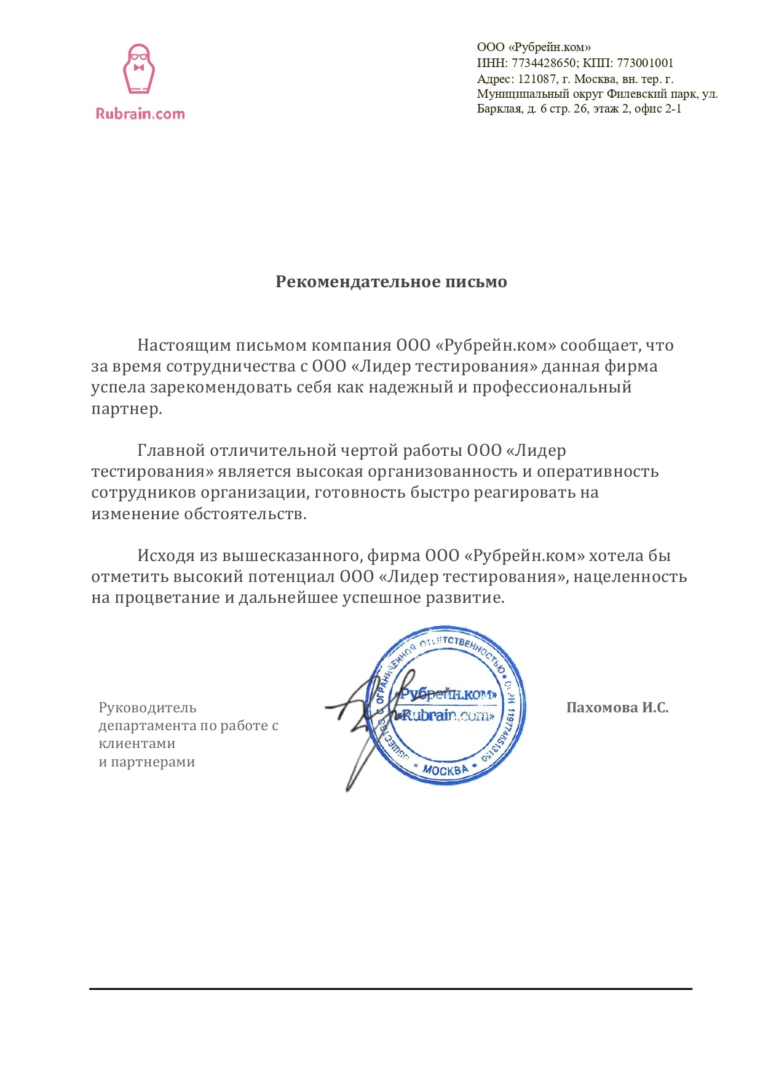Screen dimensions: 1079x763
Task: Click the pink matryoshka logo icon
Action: [139, 69]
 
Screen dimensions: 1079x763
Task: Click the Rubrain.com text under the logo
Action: [140, 114]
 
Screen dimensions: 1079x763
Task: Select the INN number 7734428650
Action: [544, 63]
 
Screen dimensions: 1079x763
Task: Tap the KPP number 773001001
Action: [645, 63]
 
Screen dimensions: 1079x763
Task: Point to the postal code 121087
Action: [537, 79]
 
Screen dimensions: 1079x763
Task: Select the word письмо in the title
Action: [476, 282]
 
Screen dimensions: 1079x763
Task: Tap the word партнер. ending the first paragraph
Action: [127, 408]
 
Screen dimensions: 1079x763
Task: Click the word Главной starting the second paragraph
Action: [171, 450]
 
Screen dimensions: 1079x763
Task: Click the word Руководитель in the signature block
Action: [148, 707]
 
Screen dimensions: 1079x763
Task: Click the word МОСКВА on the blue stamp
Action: [446, 770]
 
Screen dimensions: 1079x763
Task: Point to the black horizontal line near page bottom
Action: [390, 989]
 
